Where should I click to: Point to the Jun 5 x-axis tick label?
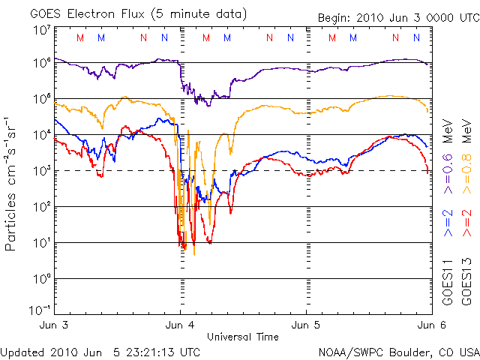305,325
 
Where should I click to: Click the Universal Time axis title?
243,336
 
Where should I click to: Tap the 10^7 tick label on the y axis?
41,30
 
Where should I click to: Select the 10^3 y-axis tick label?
41,171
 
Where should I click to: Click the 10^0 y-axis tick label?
41,279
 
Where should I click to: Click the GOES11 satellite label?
449,280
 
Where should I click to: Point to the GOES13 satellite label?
464,280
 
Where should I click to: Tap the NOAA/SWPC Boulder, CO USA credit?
398,351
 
